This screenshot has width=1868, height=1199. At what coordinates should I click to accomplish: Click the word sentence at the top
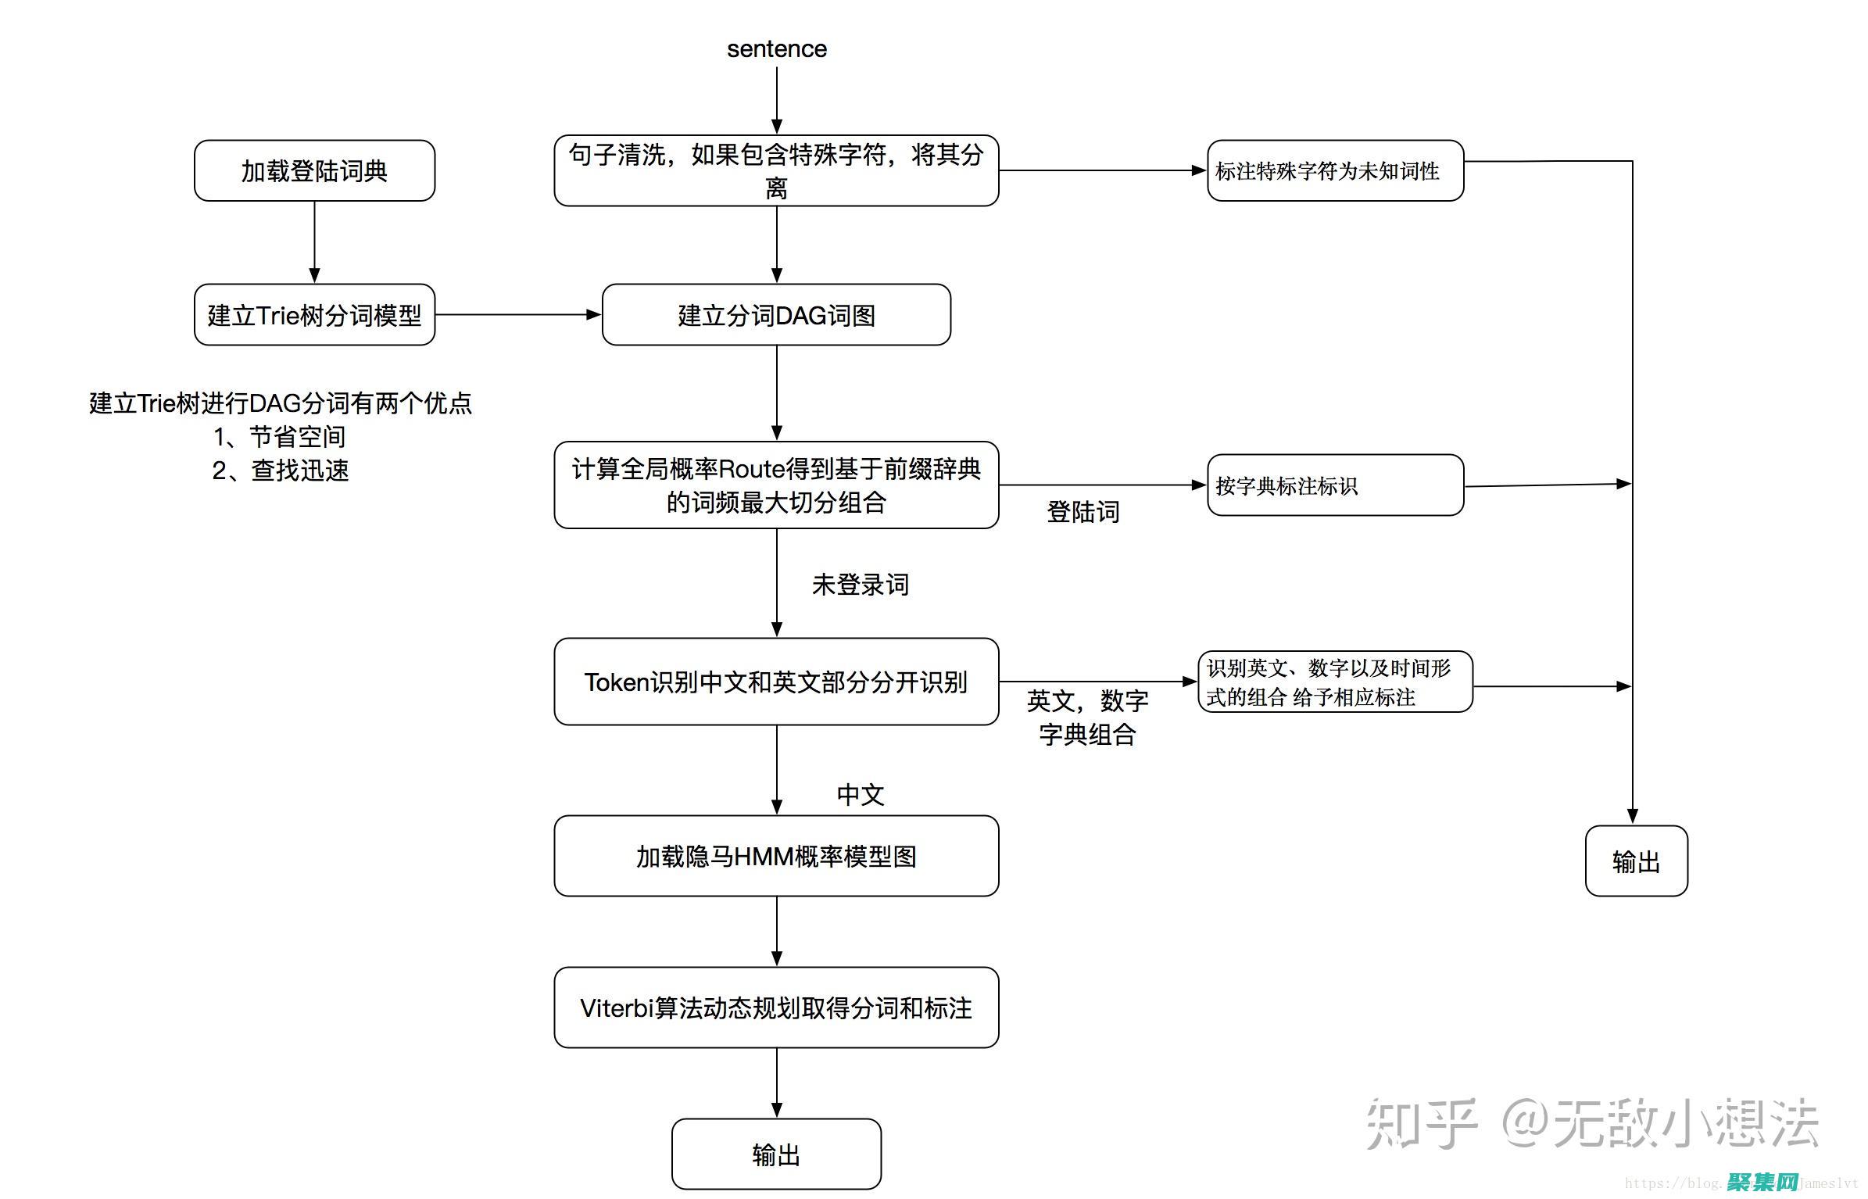776,48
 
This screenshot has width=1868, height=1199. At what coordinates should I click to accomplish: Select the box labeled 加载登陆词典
314,170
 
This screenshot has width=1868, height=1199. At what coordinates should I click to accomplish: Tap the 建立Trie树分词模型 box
314,315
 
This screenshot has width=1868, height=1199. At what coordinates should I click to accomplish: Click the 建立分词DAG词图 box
776,315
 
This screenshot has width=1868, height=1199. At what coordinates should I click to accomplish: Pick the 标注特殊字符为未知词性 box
1334,170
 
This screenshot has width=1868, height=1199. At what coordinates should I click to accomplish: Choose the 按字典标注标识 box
1334,485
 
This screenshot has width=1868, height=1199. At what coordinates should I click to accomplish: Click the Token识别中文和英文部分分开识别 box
776,682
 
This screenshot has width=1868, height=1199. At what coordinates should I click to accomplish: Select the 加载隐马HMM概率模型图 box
776,856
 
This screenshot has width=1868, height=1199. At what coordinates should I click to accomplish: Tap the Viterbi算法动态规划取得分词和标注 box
776,1008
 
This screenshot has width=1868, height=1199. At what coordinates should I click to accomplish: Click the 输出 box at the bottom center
776,1154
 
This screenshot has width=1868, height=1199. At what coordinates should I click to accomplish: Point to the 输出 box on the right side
1636,861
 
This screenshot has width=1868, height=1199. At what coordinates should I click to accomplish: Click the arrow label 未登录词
860,584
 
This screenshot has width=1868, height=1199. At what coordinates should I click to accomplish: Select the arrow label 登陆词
1083,512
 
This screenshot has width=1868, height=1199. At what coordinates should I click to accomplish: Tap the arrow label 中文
860,794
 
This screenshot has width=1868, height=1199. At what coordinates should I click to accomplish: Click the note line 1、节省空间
279,436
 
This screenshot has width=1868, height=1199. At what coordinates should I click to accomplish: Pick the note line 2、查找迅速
280,470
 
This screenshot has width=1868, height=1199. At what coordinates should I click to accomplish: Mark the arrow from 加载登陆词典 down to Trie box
314,242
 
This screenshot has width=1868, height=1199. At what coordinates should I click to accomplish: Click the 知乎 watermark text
1420,1124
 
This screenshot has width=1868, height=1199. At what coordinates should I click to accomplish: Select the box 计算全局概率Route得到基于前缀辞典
776,485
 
